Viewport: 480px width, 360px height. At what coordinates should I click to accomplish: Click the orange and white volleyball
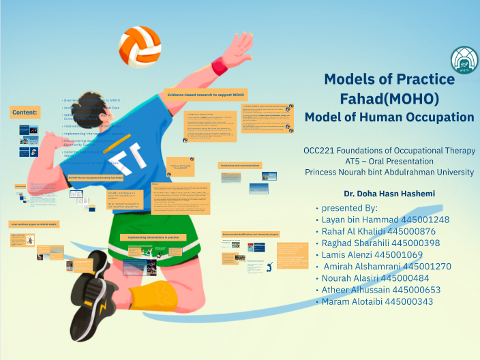(139, 46)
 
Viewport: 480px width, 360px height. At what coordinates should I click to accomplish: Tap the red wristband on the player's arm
(220, 66)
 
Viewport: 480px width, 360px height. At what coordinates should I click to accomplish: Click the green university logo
(463, 61)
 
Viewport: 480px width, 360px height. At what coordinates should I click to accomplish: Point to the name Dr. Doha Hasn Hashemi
(389, 194)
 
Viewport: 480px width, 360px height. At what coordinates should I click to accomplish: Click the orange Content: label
(25, 112)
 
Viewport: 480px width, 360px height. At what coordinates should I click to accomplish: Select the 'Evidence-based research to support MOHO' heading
(205, 95)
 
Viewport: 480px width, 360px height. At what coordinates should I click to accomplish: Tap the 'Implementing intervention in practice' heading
(153, 237)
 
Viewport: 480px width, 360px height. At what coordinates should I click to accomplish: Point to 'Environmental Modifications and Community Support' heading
(250, 235)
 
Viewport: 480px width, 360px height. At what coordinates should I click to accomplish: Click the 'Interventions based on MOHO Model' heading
(33, 224)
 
